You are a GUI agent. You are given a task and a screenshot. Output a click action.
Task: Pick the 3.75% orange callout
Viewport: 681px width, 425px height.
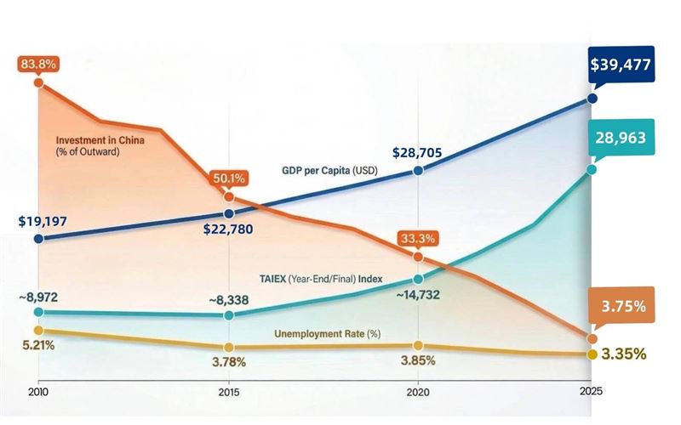pos(622,304)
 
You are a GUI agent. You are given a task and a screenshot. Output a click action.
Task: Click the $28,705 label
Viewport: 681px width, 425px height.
pos(418,153)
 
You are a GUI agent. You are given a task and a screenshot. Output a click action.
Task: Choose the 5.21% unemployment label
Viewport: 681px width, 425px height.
pos(37,345)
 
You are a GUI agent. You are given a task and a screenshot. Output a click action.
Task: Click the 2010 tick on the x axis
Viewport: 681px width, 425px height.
pos(38,392)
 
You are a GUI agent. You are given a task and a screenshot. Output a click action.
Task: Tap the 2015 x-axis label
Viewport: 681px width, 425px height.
pos(228,392)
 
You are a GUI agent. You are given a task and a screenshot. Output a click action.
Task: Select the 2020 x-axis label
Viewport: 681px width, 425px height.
pos(418,392)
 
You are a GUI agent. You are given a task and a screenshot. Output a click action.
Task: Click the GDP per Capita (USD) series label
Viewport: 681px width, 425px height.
pos(329,171)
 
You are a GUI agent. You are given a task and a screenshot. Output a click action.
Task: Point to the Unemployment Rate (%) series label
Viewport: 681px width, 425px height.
pos(327,334)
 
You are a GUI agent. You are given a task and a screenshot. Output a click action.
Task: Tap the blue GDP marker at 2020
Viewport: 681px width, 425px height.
pos(418,171)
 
